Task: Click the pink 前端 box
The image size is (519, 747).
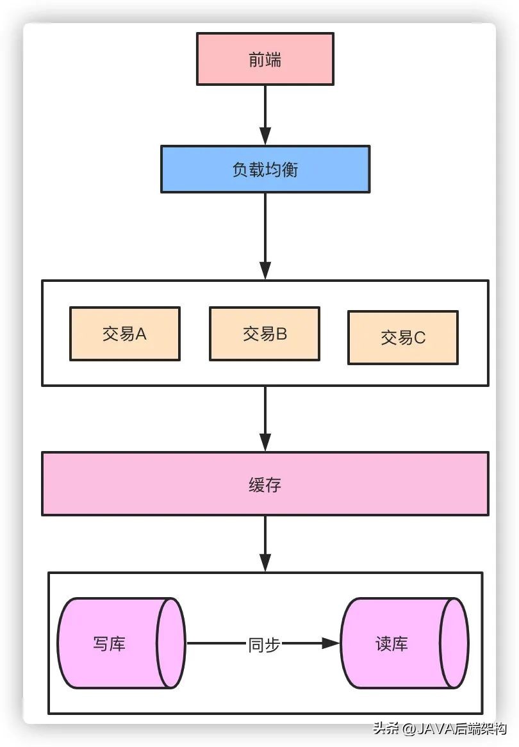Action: (265, 59)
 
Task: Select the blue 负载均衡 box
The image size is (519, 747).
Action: (265, 169)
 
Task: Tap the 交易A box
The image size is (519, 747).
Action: (124, 334)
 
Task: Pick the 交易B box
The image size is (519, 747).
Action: (264, 334)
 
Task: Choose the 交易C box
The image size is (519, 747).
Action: (402, 338)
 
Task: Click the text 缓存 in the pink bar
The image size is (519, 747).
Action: (265, 484)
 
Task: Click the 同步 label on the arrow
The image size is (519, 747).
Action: (264, 644)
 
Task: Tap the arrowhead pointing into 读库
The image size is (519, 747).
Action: (331, 643)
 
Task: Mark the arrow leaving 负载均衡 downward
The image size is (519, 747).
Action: (265, 234)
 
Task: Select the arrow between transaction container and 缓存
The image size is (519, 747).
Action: (265, 418)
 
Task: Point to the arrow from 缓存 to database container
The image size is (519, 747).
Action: (265, 542)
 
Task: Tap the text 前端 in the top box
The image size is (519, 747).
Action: (265, 60)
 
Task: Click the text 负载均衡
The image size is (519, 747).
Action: (265, 170)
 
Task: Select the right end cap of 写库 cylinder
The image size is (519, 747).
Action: (171, 643)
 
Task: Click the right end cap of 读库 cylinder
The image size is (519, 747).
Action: (454, 643)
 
